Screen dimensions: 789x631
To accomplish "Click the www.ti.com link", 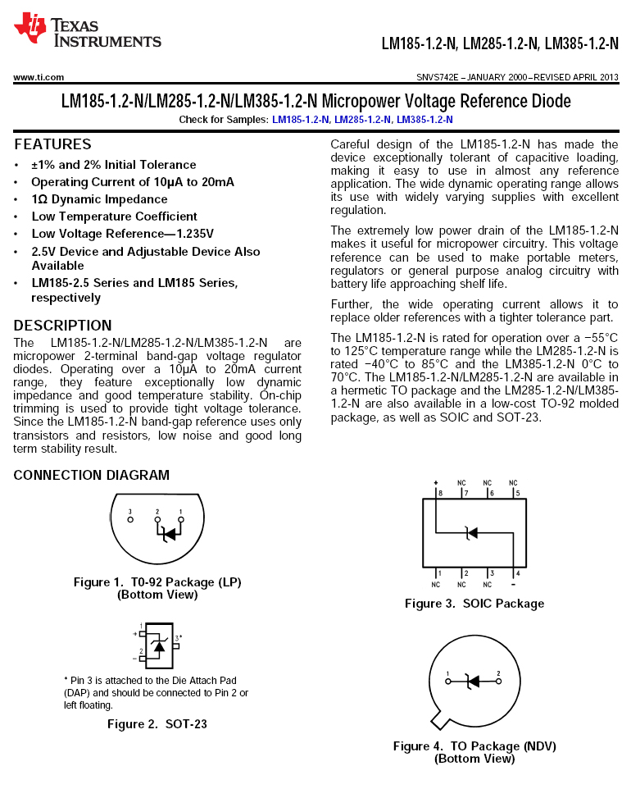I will pos(39,77).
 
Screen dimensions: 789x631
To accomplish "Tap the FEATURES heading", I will pos(52,144).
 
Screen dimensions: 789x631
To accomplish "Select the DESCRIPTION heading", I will pos(62,325).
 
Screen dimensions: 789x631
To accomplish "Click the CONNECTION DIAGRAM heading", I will pos(91,475).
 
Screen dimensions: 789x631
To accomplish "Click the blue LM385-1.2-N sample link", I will pos(424,120).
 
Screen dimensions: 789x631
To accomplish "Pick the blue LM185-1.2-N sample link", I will pos(301,120).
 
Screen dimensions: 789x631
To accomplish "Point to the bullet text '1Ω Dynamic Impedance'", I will pos(99,199).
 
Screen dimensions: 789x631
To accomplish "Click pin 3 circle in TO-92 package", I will pos(129,519).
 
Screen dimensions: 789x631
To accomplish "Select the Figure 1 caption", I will pos(157,588).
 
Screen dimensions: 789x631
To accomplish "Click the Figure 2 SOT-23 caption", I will pos(157,724).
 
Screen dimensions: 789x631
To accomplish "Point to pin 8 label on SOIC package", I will pos(440,494).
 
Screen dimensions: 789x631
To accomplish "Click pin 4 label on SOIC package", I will pos(516,572).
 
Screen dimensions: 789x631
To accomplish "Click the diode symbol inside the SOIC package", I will pos(470,533).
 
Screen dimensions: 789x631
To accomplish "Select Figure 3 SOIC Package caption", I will pos(474,604).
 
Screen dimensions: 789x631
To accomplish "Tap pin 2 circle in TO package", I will pos(498,681).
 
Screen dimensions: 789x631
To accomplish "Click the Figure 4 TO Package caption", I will pos(474,752).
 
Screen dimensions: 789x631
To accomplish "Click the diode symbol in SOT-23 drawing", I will pos(158,645).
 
